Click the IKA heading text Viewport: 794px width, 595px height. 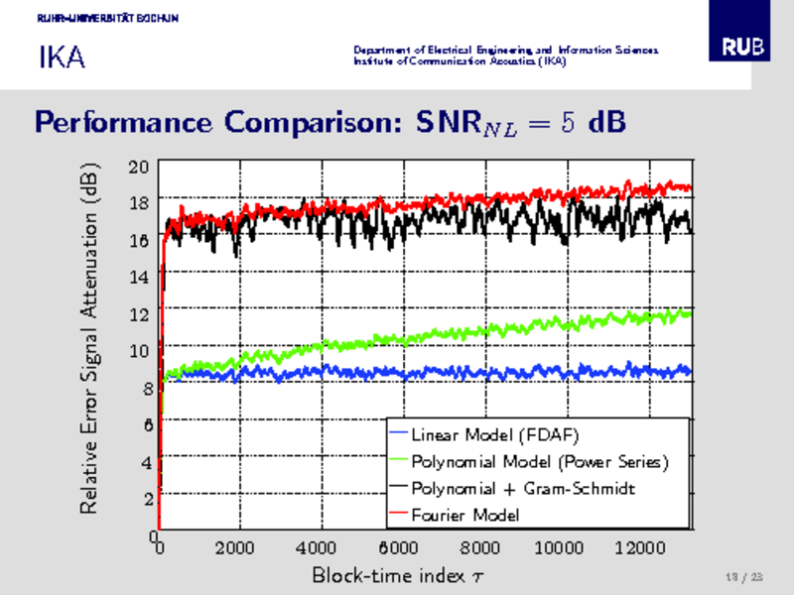click(62, 58)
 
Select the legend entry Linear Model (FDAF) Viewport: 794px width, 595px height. click(494, 435)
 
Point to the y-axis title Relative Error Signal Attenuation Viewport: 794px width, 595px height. click(88, 337)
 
